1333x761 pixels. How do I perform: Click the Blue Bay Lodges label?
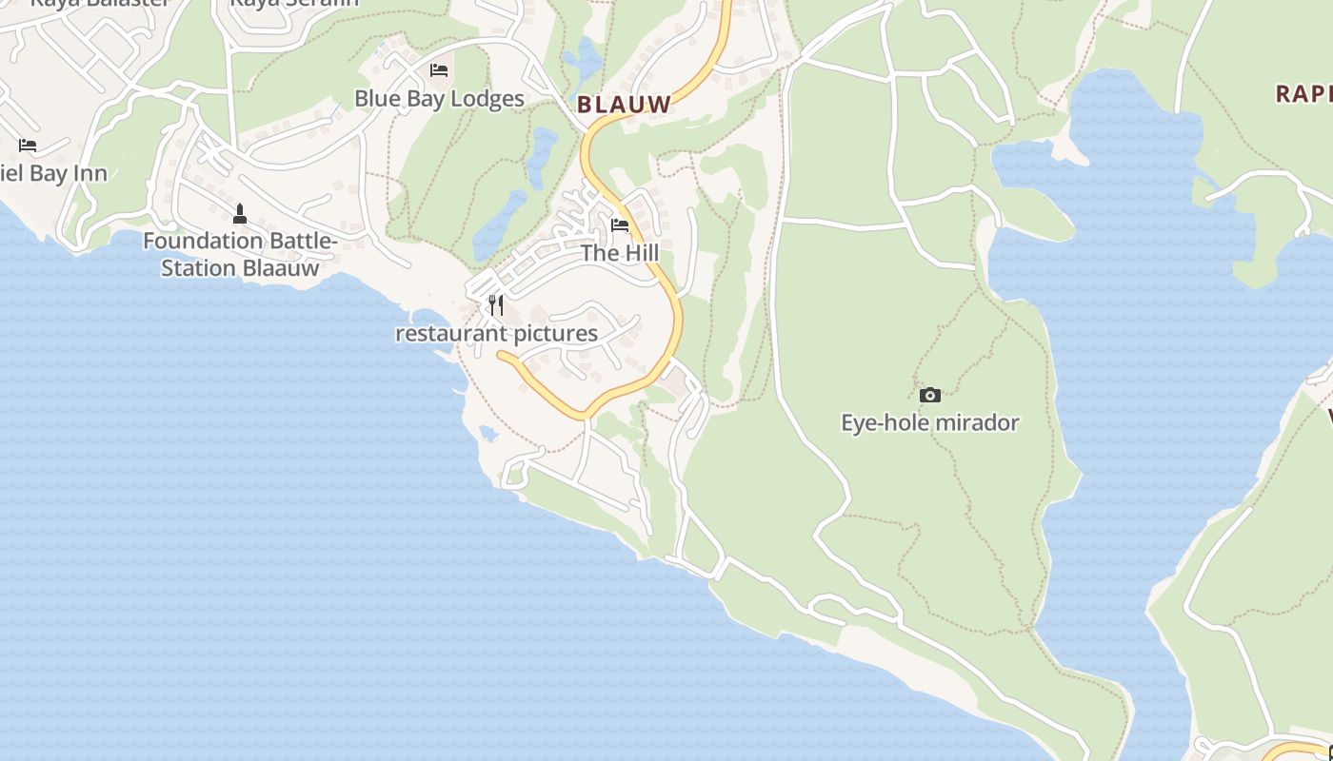[439, 99]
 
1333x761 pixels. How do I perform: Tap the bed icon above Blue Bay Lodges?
[439, 70]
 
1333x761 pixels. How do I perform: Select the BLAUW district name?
[625, 105]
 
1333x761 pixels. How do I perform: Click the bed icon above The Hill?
[620, 225]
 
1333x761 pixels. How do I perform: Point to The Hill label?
[620, 253]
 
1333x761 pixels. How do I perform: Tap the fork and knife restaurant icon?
[496, 304]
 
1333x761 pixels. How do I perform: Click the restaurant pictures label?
[496, 334]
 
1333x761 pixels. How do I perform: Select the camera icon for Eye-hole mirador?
[930, 395]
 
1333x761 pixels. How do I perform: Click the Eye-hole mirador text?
[930, 422]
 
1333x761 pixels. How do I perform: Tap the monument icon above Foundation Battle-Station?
[240, 213]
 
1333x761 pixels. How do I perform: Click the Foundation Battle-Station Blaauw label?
[240, 255]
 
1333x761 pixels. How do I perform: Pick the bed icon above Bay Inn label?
[28, 146]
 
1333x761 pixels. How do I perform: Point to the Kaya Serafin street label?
[295, 3]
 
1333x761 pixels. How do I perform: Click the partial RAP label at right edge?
[1303, 93]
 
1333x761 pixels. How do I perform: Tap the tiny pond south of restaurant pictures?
[488, 434]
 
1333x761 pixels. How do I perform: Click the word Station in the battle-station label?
[198, 268]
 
